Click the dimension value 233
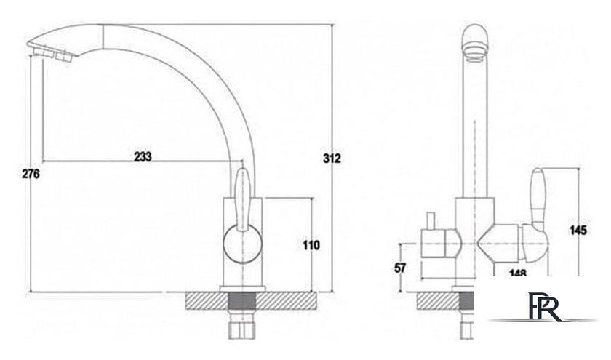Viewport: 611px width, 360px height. pyautogui.click(x=143, y=156)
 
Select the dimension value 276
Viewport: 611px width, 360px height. pyautogui.click(x=31, y=174)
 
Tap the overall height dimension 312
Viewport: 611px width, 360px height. pyautogui.click(x=332, y=159)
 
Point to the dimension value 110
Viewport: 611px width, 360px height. pyautogui.click(x=311, y=245)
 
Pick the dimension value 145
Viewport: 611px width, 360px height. pyautogui.click(x=578, y=231)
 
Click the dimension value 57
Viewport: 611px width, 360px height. pyautogui.click(x=400, y=268)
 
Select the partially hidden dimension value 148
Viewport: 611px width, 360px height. pyautogui.click(x=518, y=272)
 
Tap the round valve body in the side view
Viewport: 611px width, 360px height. pyautogui.click(x=243, y=244)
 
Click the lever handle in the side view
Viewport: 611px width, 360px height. pyautogui.click(x=242, y=200)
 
